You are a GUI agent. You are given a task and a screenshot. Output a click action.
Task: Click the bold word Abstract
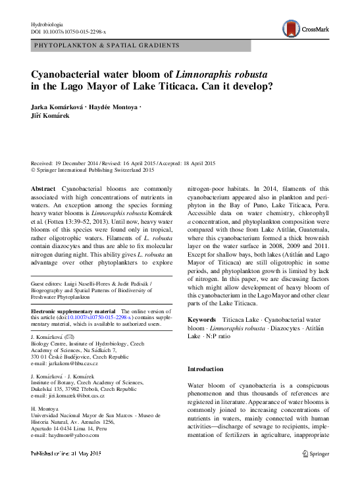tap(43, 189)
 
